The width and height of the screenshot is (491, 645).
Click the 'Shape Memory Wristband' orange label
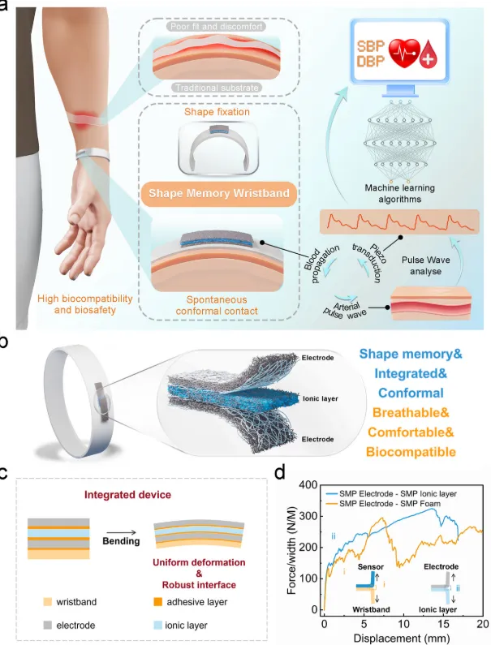[x=209, y=196]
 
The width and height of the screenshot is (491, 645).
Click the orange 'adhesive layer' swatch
[x=168, y=601]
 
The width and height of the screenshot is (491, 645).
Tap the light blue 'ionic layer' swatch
[x=168, y=627]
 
